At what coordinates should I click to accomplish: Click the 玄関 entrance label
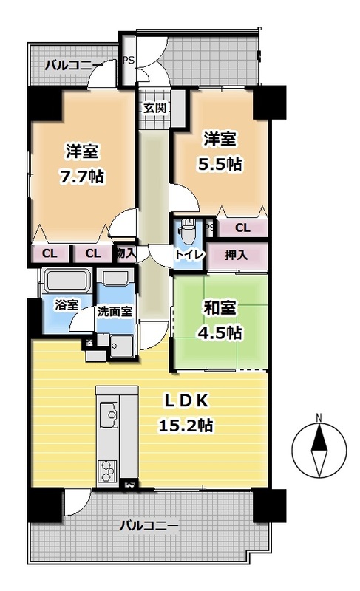coord(154,108)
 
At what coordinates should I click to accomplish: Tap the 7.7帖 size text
coord(82,176)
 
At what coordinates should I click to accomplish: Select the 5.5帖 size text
coord(220,164)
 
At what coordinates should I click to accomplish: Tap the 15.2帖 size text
coord(186,426)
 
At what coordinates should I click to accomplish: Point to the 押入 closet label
coord(237,255)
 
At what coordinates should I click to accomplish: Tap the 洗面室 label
coord(115,312)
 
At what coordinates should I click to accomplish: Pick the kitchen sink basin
coord(109,414)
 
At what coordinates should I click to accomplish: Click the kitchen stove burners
coord(108,471)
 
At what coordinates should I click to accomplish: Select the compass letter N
coord(319,417)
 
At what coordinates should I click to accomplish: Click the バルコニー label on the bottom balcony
coord(149,525)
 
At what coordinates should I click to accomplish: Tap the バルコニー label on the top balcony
coord(74,66)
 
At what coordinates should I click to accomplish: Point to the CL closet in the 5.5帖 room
coord(242,228)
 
